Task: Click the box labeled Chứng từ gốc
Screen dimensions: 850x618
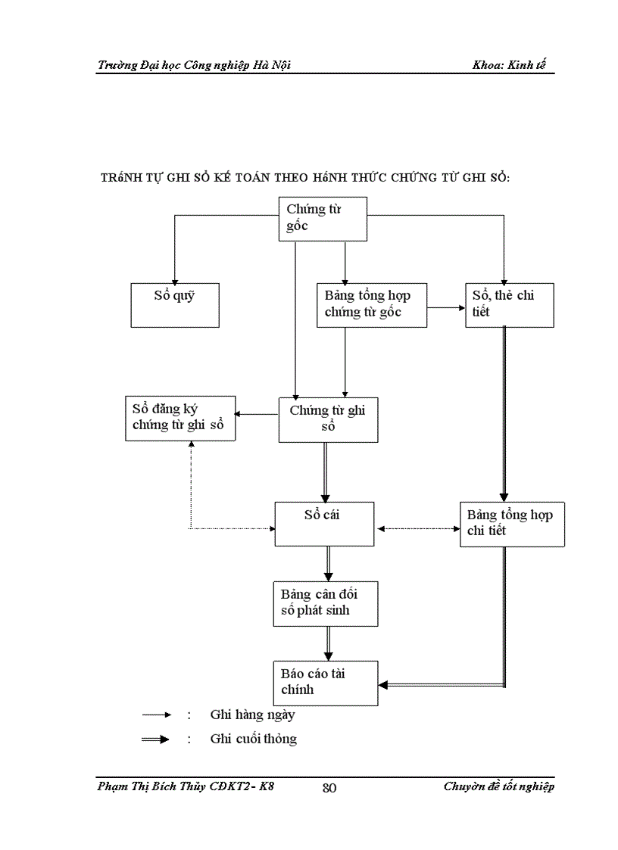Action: point(323,219)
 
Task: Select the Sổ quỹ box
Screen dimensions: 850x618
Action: point(175,305)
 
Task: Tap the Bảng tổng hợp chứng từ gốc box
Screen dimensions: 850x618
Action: point(371,305)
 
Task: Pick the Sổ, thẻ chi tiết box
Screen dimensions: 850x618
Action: point(509,305)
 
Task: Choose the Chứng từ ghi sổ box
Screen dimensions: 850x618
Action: point(328,420)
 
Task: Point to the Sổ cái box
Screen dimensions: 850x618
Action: point(324,523)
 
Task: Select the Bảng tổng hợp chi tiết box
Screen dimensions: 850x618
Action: point(512,524)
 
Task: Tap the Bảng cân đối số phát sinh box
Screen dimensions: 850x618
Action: point(326,603)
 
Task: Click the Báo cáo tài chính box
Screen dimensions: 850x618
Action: point(325,683)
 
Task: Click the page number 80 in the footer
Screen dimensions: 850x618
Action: point(329,788)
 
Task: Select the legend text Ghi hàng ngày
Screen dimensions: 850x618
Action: point(252,715)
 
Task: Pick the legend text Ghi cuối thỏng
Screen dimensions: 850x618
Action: point(253,739)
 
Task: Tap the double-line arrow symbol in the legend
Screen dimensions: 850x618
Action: point(156,739)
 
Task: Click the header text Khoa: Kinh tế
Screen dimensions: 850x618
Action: point(513,65)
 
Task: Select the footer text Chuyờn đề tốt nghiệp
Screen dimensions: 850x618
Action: point(498,787)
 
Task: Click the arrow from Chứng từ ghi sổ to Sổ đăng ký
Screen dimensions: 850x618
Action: point(257,414)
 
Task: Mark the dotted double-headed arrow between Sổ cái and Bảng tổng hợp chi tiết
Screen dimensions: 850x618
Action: point(417,528)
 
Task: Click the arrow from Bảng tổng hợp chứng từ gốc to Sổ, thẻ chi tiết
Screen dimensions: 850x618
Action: point(447,308)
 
